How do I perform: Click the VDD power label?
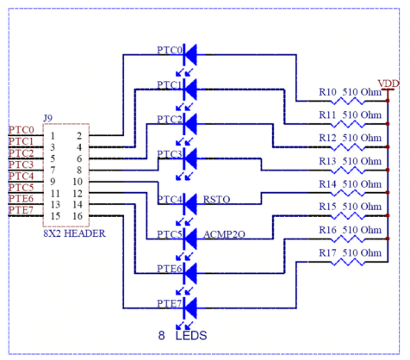pyautogui.click(x=389, y=83)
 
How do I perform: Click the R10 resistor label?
pyautogui.click(x=328, y=90)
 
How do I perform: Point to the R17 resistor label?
pyautogui.click(x=328, y=253)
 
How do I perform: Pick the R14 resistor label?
pyautogui.click(x=328, y=183)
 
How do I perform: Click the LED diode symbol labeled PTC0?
pyautogui.click(x=190, y=53)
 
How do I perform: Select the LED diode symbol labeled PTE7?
pyautogui.click(x=190, y=306)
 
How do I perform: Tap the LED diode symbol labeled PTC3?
pyautogui.click(x=190, y=158)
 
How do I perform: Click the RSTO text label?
pyautogui.click(x=217, y=200)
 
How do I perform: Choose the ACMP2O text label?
pyautogui.click(x=227, y=234)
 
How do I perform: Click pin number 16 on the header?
pyautogui.click(x=77, y=215)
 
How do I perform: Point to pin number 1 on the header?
pyautogui.click(x=53, y=135)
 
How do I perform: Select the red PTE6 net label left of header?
pyautogui.click(x=21, y=198)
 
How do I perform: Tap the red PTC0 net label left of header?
pyautogui.click(x=21, y=129)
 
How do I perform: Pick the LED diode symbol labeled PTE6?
pyautogui.click(x=190, y=271)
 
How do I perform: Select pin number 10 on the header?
pyautogui.click(x=77, y=182)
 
